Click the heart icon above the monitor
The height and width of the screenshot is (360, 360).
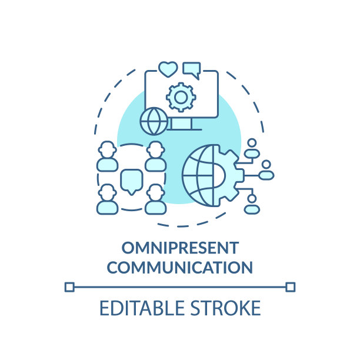168,69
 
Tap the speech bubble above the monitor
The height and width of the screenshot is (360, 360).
192,70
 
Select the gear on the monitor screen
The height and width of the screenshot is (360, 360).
181,97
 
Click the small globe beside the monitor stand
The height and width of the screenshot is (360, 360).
154,121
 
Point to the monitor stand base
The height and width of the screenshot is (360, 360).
184,129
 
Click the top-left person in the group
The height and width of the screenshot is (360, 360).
108,156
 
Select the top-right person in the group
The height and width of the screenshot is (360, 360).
156,156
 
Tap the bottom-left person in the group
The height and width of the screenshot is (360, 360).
108,199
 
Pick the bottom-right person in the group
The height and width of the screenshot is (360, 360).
156,199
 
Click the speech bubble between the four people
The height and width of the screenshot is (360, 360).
132,181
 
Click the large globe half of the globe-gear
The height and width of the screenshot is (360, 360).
198,175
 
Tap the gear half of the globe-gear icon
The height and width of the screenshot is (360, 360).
227,175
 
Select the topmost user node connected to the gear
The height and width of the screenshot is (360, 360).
252,149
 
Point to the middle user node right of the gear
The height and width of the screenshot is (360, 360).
266,171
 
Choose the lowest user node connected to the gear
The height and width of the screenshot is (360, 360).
252,204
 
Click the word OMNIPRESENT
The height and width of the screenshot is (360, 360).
180,248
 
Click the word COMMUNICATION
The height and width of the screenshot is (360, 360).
180,267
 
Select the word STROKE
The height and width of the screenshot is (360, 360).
226,308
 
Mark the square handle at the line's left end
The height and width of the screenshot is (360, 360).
69,287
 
